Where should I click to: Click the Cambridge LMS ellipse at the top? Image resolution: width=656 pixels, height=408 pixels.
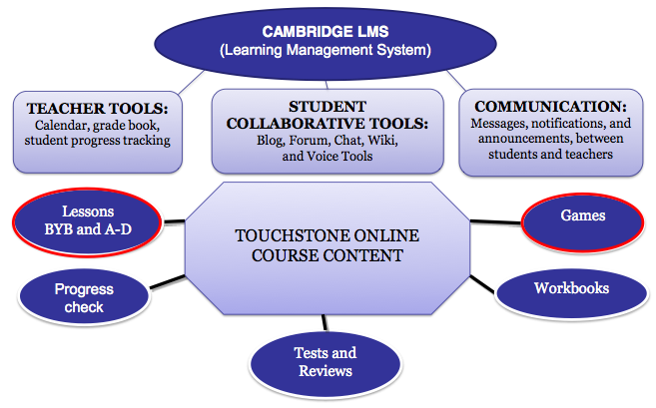[328, 39]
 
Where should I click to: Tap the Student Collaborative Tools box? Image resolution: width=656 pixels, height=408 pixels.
[327, 131]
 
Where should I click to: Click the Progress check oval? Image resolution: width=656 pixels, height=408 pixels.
[84, 297]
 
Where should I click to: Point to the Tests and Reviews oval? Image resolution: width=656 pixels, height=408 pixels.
[325, 361]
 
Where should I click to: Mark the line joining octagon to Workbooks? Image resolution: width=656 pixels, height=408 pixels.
[480, 281]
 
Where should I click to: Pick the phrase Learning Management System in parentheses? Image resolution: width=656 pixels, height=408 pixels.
[328, 49]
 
